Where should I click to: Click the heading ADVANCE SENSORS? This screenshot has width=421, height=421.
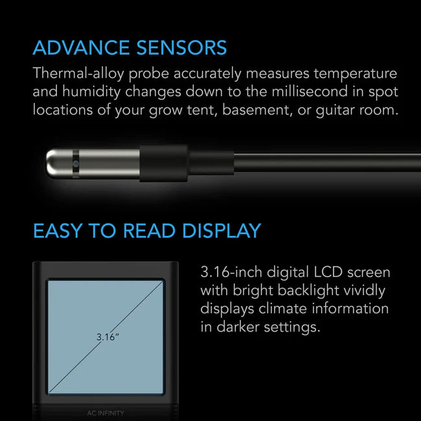click(130, 47)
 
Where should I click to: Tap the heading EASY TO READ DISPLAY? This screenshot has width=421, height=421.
click(146, 230)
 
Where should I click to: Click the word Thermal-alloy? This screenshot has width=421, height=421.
click(74, 74)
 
